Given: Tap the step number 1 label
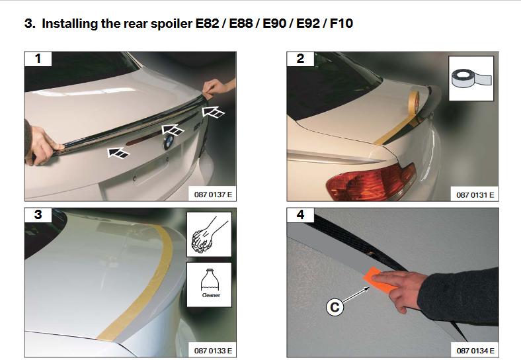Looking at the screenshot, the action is tap(38, 58).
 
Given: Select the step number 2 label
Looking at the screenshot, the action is tap(300, 58).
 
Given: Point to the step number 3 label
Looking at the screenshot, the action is tap(38, 214).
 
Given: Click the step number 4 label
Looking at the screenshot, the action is tap(300, 214).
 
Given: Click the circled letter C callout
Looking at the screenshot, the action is tap(335, 307).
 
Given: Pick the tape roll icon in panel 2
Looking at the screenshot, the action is tap(471, 78).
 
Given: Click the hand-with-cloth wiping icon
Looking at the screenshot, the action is tap(209, 234).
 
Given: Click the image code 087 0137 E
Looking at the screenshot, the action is tap(213, 195).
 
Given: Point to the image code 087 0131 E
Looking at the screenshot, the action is tap(475, 195).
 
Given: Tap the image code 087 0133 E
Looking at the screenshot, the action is tap(213, 351).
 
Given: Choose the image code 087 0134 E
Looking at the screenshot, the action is tap(475, 351).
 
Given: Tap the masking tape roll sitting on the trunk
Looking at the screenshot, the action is tap(414, 102).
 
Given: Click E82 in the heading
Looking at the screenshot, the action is tap(207, 23).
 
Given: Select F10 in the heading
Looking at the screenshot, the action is tap(341, 23).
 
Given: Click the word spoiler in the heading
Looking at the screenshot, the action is tap(171, 24).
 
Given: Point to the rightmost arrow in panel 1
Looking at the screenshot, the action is tap(214, 112).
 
